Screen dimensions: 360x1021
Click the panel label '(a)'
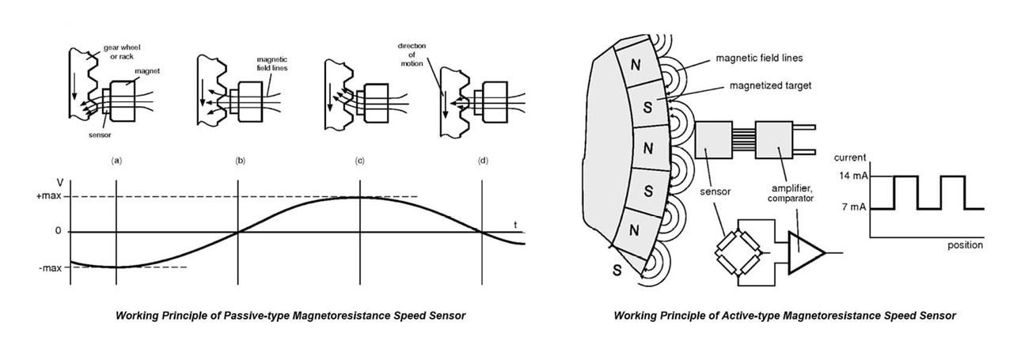[x=117, y=161]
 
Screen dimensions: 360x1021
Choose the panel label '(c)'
[x=359, y=161]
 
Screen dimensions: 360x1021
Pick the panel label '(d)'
[x=483, y=161]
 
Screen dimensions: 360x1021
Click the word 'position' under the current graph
[x=965, y=245]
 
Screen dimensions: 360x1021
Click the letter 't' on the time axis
[x=515, y=225]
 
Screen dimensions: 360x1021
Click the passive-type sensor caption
[x=290, y=316]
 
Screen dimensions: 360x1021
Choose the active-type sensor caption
[x=784, y=316]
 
